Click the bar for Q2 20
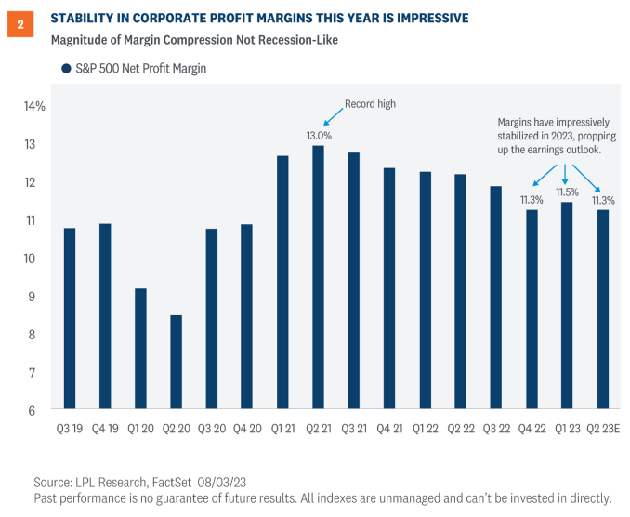point(176,362)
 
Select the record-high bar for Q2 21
point(319,277)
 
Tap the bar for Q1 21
point(282,282)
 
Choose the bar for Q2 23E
point(603,309)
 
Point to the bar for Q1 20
point(140,348)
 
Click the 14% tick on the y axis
point(35,107)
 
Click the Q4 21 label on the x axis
point(389,430)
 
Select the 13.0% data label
point(319,135)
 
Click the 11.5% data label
point(567,192)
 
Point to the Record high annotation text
point(370,104)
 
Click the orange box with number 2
point(20,25)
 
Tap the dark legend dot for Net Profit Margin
point(66,69)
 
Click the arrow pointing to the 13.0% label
point(332,116)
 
